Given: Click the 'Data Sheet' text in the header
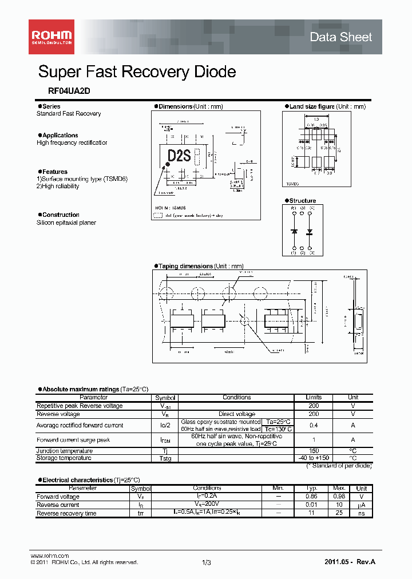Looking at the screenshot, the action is (x=340, y=37).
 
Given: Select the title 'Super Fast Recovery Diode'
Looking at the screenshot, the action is (x=137, y=72).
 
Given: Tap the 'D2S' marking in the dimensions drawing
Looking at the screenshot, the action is (x=179, y=156).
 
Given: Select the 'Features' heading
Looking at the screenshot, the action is (x=54, y=172).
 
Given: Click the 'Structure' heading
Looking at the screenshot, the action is (x=302, y=201).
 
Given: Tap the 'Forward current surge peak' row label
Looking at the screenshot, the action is (x=73, y=440).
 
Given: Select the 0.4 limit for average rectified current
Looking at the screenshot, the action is (x=314, y=425).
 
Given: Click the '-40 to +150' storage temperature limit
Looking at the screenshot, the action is (x=314, y=458).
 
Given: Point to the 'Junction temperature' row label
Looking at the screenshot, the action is (x=65, y=451).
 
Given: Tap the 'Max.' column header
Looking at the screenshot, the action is (x=338, y=489).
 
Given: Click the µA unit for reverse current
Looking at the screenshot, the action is (x=362, y=505).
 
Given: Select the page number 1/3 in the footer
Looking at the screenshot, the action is (x=207, y=562).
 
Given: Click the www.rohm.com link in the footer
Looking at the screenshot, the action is (x=49, y=556).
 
